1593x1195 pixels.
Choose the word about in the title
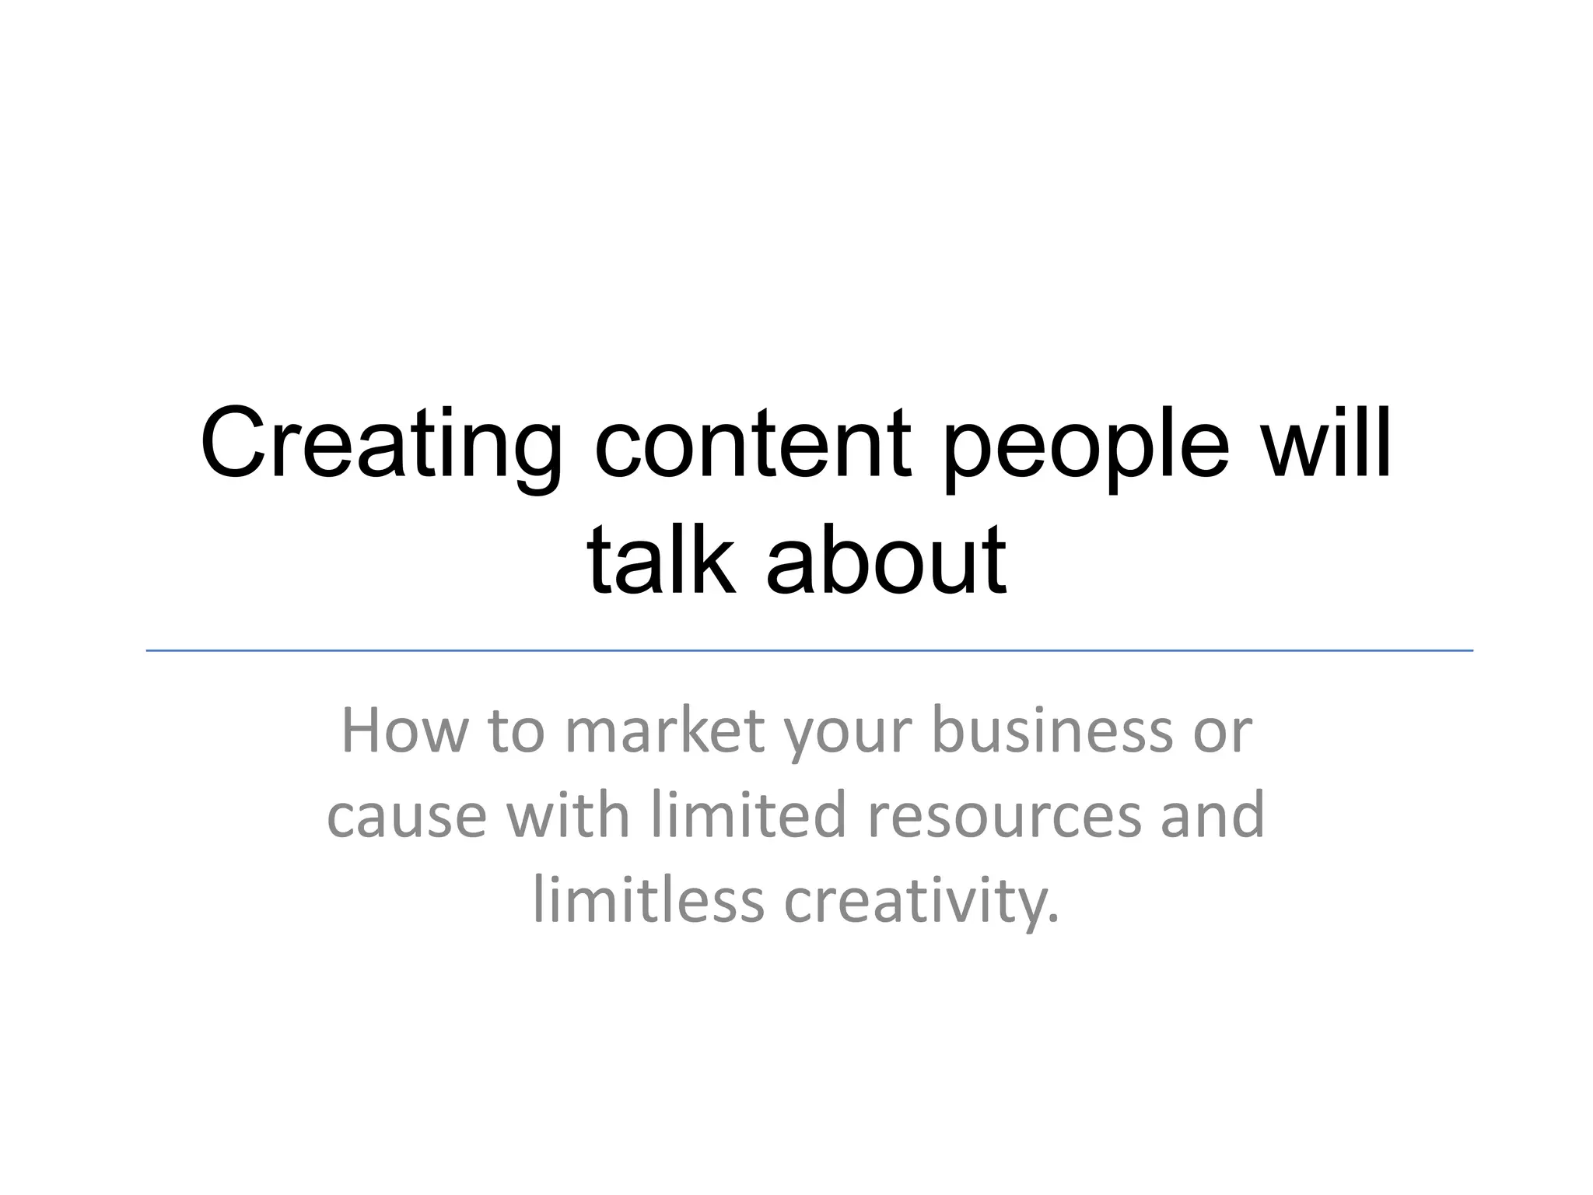tap(887, 560)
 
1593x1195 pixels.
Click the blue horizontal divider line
tap(809, 650)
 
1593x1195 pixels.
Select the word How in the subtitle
tap(404, 731)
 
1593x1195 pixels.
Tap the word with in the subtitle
tap(568, 815)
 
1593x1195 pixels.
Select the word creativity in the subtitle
tap(921, 901)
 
